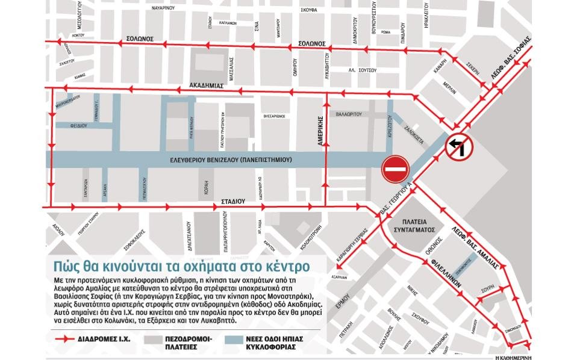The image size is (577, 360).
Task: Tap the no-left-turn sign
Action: [x=460, y=147]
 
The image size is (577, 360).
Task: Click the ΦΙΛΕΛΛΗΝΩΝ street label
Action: [x=446, y=272]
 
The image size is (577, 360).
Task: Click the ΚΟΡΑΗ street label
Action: [x=206, y=185]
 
